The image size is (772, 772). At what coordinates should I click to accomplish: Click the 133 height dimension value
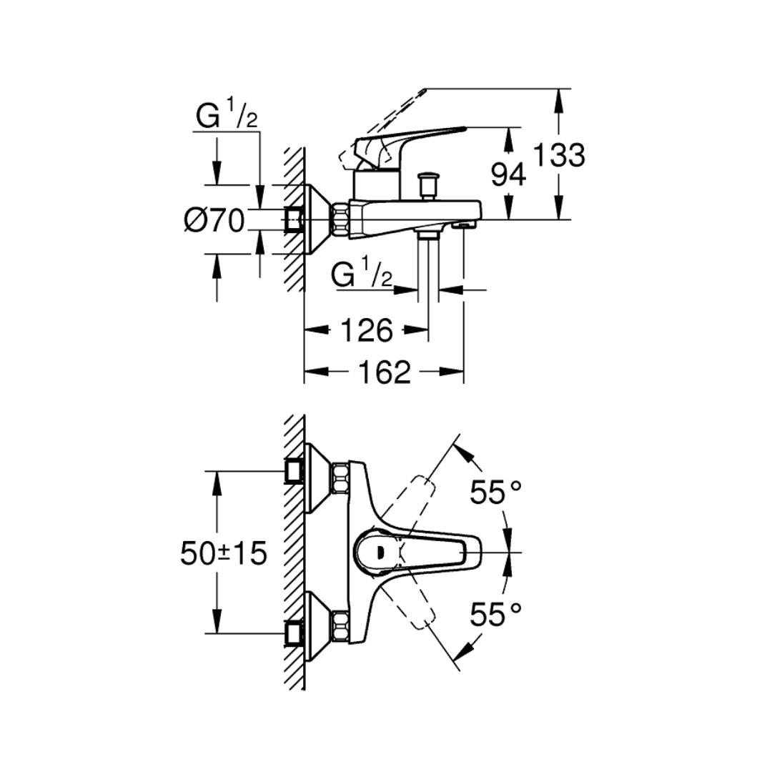point(560,154)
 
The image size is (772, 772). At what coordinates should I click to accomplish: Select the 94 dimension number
point(509,174)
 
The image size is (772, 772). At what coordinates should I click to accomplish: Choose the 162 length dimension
point(384,372)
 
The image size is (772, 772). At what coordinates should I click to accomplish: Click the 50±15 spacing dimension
point(223,553)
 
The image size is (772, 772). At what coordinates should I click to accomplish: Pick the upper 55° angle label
point(496,492)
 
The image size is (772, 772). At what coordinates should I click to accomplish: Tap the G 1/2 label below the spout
point(362,274)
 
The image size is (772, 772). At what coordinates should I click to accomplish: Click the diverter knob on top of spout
point(430,184)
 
